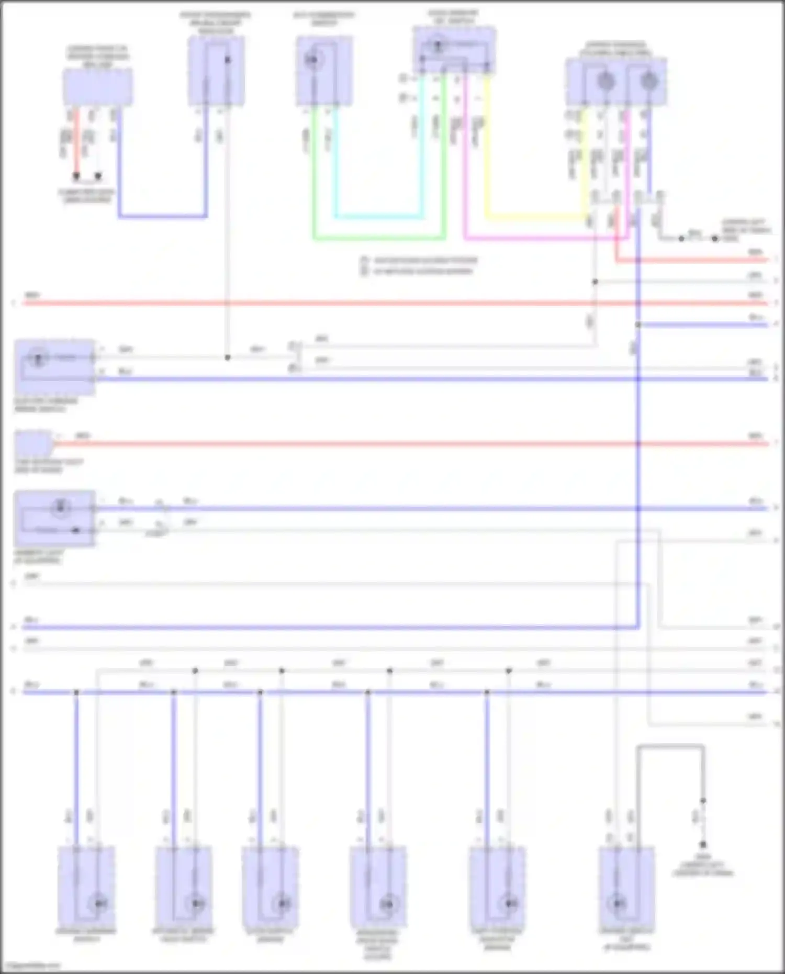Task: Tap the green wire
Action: pyautogui.click(x=379, y=239)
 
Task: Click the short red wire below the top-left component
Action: pyautogui.click(x=76, y=141)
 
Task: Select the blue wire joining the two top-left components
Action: pyautogui.click(x=162, y=216)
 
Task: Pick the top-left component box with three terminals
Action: pyautogui.click(x=98, y=86)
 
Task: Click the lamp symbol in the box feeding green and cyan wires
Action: pyautogui.click(x=312, y=60)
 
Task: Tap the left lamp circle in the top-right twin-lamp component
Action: pyautogui.click(x=605, y=81)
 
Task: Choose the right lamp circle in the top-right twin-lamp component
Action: pyautogui.click(x=649, y=81)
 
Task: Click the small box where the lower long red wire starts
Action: pyautogui.click(x=33, y=443)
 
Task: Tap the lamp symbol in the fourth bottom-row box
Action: pyautogui.click(x=388, y=904)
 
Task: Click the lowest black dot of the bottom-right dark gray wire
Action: pyautogui.click(x=703, y=844)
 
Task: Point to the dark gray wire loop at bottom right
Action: pyautogui.click(x=670, y=747)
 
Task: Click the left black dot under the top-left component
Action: pyautogui.click(x=76, y=176)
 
